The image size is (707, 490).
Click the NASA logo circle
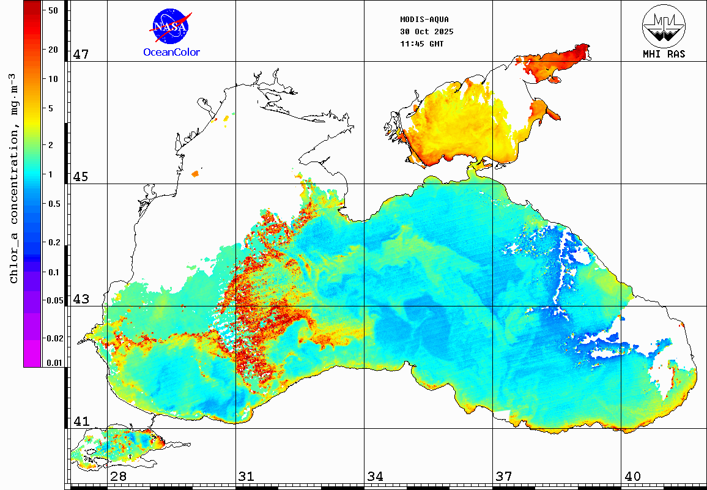(x=171, y=26)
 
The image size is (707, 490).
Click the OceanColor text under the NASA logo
(x=171, y=53)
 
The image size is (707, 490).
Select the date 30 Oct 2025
(x=423, y=31)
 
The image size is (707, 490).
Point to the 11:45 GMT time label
(x=422, y=44)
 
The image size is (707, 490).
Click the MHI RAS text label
(x=664, y=54)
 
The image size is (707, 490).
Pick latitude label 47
(x=81, y=54)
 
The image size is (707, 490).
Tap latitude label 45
(x=81, y=177)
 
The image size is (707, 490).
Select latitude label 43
(x=81, y=299)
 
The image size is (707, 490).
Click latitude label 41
(x=81, y=421)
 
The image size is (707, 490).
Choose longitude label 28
(x=118, y=477)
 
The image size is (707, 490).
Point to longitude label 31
(x=246, y=477)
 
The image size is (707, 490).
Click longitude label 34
(x=375, y=477)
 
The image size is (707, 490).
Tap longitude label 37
(x=503, y=477)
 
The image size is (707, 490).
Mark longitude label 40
(x=632, y=477)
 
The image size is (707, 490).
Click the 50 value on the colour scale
(x=53, y=10)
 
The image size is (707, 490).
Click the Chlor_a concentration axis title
(x=13, y=177)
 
